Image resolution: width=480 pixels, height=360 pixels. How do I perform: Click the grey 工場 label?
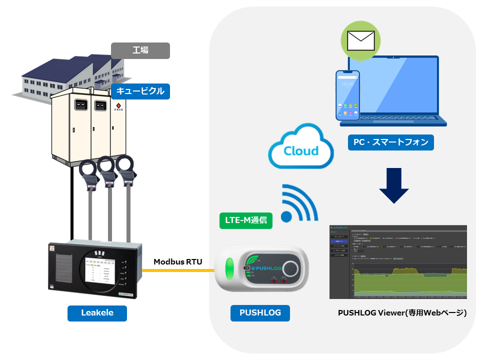140,50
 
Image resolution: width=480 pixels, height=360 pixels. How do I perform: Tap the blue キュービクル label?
140,91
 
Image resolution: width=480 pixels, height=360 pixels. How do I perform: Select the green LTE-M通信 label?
246,220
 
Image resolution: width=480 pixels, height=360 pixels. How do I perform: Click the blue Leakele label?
97,313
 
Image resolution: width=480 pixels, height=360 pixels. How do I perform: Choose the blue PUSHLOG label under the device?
260,313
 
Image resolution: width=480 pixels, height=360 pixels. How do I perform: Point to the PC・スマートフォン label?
390,142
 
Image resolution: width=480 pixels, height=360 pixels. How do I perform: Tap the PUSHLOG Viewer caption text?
402,313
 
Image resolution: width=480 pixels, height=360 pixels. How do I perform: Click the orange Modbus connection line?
177,270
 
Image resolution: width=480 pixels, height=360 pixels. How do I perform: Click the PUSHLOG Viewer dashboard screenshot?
398,262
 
